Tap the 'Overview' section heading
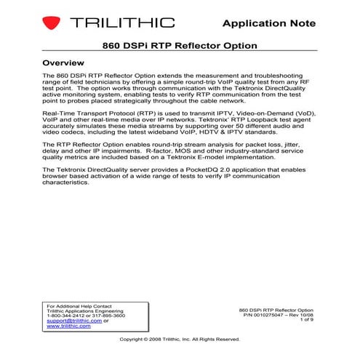pos(68,63)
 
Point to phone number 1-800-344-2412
pos(63,315)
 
